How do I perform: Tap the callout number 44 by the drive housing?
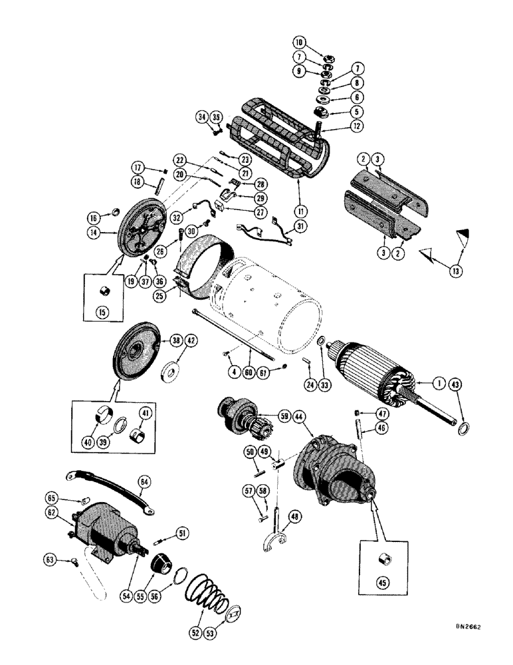pos(299,416)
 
